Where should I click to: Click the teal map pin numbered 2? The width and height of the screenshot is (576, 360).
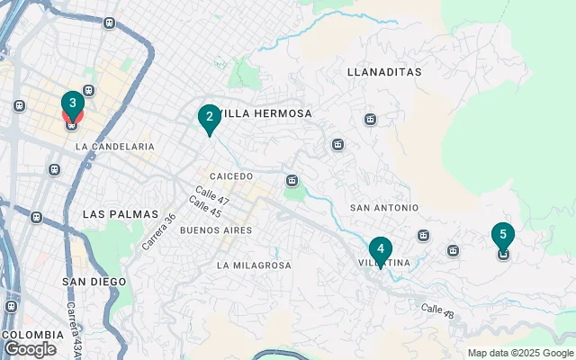coord(209,117)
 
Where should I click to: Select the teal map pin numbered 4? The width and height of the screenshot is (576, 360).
coord(381,250)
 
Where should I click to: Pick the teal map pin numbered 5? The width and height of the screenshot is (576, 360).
coord(503,237)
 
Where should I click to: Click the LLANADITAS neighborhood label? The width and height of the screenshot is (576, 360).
coord(384,70)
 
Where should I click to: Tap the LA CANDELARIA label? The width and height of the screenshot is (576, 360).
coord(115,146)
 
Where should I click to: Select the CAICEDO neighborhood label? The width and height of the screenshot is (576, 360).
coord(231,176)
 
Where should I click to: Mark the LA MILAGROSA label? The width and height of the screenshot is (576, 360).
coord(254,265)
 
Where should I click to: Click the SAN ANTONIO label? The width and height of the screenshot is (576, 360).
coord(383,207)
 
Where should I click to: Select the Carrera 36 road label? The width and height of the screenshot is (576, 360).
coord(157,231)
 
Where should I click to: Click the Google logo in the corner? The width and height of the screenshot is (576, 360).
coord(29,349)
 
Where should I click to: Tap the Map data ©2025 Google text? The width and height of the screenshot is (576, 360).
coord(520,353)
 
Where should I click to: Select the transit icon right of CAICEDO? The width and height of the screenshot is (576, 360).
coord(292,180)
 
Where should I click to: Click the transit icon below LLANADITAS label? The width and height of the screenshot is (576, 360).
coord(370,119)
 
